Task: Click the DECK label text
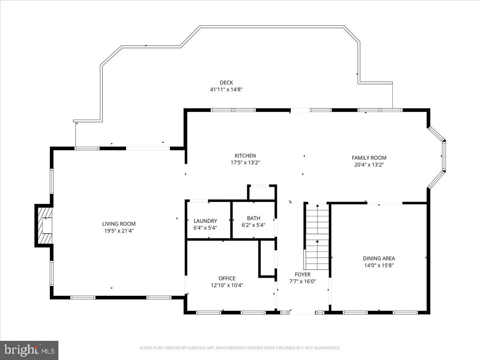tap(226, 83)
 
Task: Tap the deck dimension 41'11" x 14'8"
tap(226, 90)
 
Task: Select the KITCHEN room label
tap(245, 156)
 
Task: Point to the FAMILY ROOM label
tap(369, 158)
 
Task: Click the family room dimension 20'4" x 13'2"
tap(369, 164)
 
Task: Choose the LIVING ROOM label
tap(119, 224)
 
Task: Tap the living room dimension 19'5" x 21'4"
tap(119, 231)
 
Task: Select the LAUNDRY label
tap(205, 221)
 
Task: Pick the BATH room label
tap(253, 218)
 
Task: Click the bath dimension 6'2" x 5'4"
tap(253, 225)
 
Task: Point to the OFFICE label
tap(227, 278)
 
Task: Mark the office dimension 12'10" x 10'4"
tap(227, 285)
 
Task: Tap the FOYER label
tap(302, 274)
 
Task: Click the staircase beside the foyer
tap(317, 236)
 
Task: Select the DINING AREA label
tap(379, 258)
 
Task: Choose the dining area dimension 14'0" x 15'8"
tap(379, 265)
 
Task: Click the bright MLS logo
tap(29, 350)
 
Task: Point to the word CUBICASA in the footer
tap(200, 348)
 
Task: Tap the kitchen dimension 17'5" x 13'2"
tap(245, 162)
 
